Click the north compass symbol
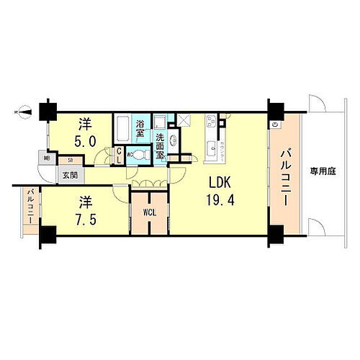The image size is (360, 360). tap(23, 112)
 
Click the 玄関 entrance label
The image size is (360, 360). tap(69, 174)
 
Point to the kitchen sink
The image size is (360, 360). tap(212, 150)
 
